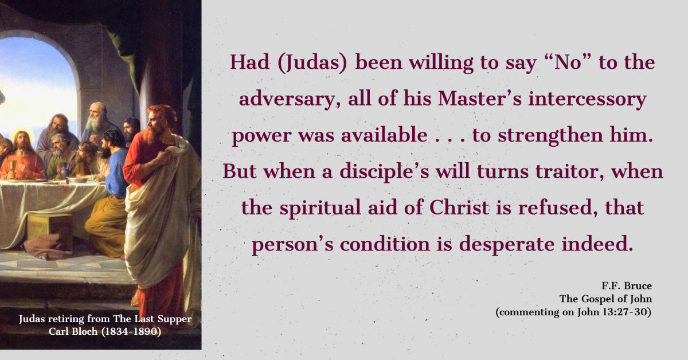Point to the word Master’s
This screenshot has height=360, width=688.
[x=480, y=99]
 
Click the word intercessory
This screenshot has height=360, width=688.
[x=587, y=99]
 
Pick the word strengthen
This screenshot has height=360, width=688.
[x=550, y=135]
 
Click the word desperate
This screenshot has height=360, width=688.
[x=507, y=245]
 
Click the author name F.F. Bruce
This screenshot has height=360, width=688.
[x=627, y=285]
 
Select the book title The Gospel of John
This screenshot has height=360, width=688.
[x=605, y=299]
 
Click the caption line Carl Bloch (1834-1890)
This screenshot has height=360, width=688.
[x=105, y=331]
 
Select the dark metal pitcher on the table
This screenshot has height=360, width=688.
[x=64, y=170]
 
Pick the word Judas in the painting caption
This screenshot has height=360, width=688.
[x=33, y=319]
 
